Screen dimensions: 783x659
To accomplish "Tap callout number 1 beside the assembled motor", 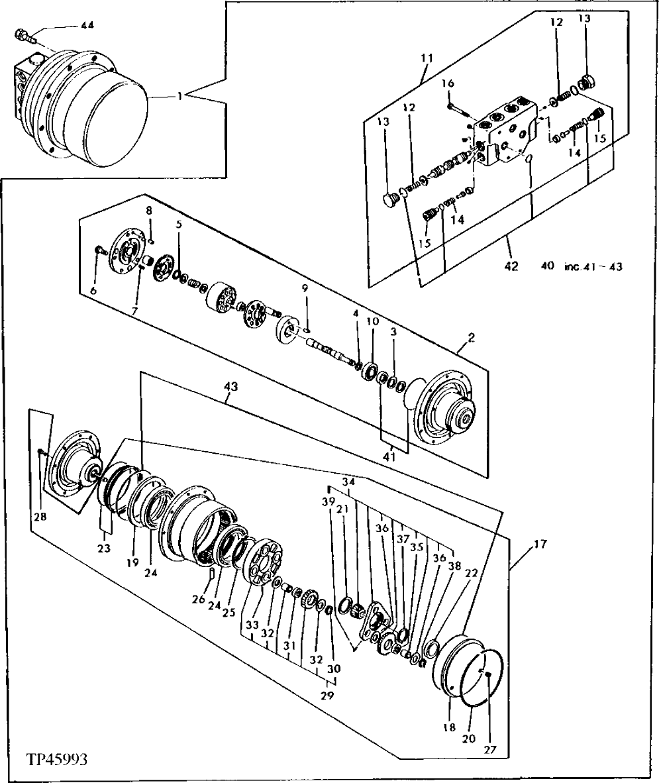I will pyautogui.click(x=179, y=97).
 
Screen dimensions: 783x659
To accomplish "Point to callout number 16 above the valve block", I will pyautogui.click(x=448, y=84).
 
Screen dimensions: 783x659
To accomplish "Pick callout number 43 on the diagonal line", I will pyautogui.click(x=231, y=384).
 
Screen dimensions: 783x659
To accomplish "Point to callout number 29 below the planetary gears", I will pyautogui.click(x=327, y=696).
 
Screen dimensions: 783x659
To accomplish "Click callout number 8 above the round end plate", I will pyautogui.click(x=149, y=211).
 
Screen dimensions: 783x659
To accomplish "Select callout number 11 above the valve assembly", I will pyautogui.click(x=425, y=58).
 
